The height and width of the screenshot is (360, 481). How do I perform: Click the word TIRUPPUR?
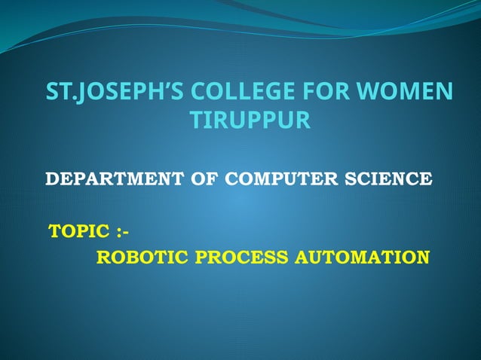click(250, 121)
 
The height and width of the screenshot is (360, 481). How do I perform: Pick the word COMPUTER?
click(288, 179)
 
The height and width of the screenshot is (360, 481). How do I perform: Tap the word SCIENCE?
click(393, 179)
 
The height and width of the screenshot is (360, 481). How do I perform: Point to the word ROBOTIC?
click(143, 258)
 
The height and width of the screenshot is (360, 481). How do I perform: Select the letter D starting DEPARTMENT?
click(52, 179)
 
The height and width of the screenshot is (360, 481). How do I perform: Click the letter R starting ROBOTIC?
click(103, 258)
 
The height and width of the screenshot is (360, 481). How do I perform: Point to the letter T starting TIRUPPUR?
click(194, 121)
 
